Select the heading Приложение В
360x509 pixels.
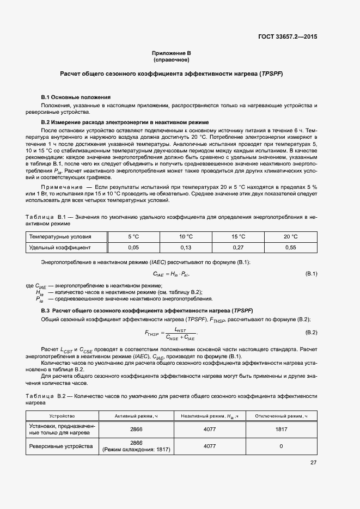[172, 53]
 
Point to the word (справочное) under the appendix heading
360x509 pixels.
[171, 60]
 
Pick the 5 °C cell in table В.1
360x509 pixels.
[133, 236]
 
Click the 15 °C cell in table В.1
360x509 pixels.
[239, 236]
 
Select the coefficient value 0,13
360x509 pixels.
[186, 248]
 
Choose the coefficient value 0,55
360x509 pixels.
[291, 248]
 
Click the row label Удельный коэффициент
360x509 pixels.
[60, 248]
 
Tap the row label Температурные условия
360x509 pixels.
[60, 236]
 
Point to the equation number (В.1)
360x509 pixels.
[311, 273]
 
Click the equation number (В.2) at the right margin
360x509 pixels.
[311, 333]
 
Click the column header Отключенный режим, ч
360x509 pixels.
[281, 416]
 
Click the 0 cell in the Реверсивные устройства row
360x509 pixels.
[281, 446]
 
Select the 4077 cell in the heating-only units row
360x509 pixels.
[209, 430]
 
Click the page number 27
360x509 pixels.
[313, 463]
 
